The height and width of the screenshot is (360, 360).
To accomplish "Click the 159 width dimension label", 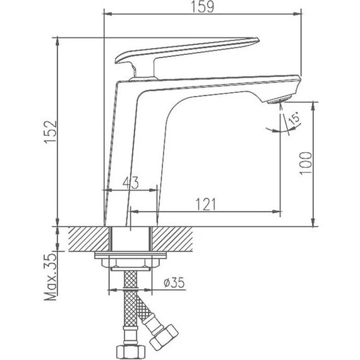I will pos(204,8).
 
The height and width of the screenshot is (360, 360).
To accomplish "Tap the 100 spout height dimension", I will pos(305,163).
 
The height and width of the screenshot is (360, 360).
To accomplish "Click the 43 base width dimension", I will pos(130,183).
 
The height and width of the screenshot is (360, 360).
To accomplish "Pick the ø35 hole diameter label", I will pos(172,284).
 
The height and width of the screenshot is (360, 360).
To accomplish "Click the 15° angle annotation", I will pos(294,119).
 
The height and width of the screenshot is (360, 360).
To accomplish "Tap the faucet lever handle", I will pos(189,51).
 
